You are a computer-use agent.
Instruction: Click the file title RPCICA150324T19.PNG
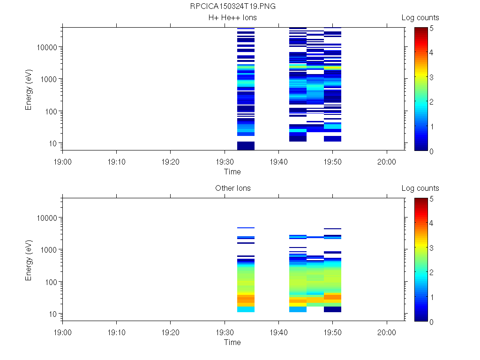(x=233, y=7)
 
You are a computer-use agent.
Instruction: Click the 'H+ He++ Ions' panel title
(x=232, y=18)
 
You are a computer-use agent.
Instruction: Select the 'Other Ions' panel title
(x=232, y=188)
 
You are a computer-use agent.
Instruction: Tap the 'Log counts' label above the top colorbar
(x=420, y=18)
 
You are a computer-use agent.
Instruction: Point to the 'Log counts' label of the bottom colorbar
(x=420, y=188)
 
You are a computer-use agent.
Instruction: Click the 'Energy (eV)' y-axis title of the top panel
(x=29, y=89)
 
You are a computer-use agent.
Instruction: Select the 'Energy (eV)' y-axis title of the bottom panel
(x=29, y=260)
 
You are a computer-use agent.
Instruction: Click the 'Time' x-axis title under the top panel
(x=232, y=172)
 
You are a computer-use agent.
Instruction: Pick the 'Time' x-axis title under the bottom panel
(x=232, y=342)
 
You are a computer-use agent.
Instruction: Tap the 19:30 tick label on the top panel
(x=225, y=161)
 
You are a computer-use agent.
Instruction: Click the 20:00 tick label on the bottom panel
(x=387, y=331)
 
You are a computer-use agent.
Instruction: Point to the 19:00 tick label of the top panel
(x=63, y=161)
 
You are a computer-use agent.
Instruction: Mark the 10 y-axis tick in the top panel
(x=53, y=143)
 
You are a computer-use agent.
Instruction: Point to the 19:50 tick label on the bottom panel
(x=332, y=331)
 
